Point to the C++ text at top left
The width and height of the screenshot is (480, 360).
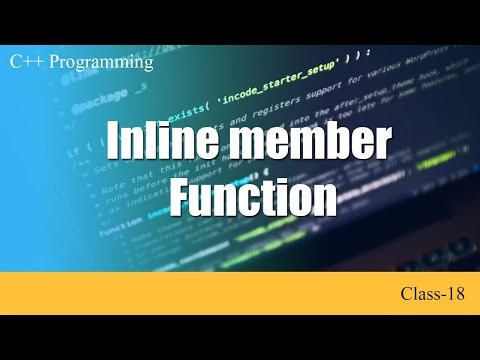[25, 62]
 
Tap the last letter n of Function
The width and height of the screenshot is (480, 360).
[325, 199]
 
